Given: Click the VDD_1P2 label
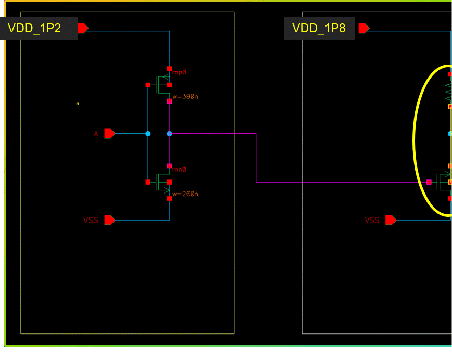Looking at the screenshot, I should [x=34, y=28].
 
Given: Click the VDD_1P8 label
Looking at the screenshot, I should [x=319, y=28].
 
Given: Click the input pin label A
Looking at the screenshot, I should [x=96, y=134].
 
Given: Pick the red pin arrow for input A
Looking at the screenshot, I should [x=109, y=134].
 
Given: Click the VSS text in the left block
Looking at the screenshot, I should [x=91, y=221].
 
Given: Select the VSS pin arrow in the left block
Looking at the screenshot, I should [x=109, y=220].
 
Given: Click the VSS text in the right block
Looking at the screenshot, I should [x=372, y=221].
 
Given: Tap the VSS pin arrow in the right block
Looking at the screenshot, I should [x=391, y=220].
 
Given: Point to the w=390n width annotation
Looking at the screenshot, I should [x=185, y=96].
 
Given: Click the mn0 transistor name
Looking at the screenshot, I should [x=179, y=170].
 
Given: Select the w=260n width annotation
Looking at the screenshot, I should [x=185, y=194].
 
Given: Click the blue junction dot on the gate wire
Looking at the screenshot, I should [x=148, y=134].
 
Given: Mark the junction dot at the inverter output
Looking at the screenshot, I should [x=169, y=134].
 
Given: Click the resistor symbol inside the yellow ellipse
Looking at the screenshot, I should [x=448, y=91].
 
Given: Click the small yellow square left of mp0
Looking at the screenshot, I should [x=78, y=104].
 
